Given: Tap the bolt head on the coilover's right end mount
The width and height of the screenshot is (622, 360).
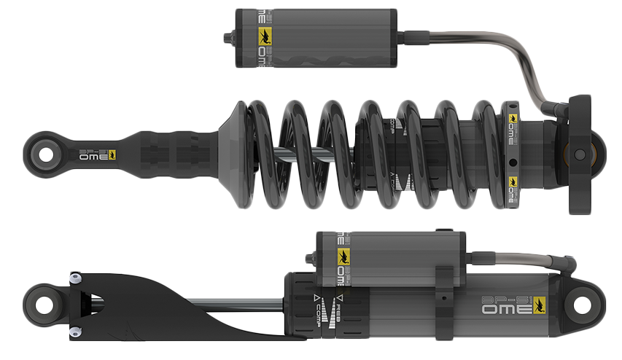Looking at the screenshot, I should click(x=580, y=154).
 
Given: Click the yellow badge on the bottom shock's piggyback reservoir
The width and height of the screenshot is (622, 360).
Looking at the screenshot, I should click(x=343, y=256).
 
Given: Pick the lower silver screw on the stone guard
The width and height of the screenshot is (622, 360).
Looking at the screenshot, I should click(x=74, y=332).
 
